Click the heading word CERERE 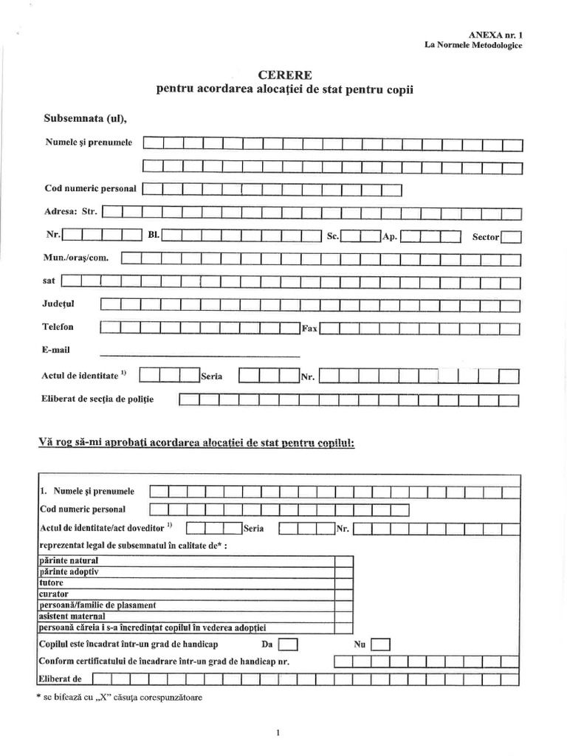click(x=284, y=75)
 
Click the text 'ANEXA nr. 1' click(x=495, y=35)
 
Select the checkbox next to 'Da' click(x=288, y=645)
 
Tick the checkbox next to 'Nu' click(x=380, y=645)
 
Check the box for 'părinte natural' click(x=344, y=560)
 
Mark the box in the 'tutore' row click(x=344, y=583)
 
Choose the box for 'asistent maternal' click(x=344, y=616)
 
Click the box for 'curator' click(x=344, y=594)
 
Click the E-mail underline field click(x=199, y=351)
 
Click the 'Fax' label click(x=309, y=329)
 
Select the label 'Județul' click(x=59, y=303)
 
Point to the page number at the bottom click(x=278, y=732)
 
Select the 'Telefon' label click(x=58, y=326)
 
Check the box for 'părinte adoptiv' click(x=344, y=571)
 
